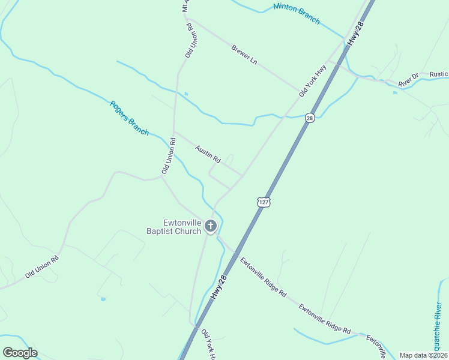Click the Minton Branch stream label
point(297,14)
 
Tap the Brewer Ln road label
point(244,53)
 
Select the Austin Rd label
point(208,154)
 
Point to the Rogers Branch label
point(129,118)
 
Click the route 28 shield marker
point(309,118)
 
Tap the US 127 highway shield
point(264,202)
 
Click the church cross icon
point(210,226)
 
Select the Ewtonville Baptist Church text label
point(174,227)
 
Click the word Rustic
point(439,74)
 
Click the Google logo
point(20,353)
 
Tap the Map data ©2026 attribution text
point(423,355)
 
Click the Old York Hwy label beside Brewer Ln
point(312,80)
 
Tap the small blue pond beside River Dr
point(394,92)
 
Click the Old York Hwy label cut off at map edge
point(208,344)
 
